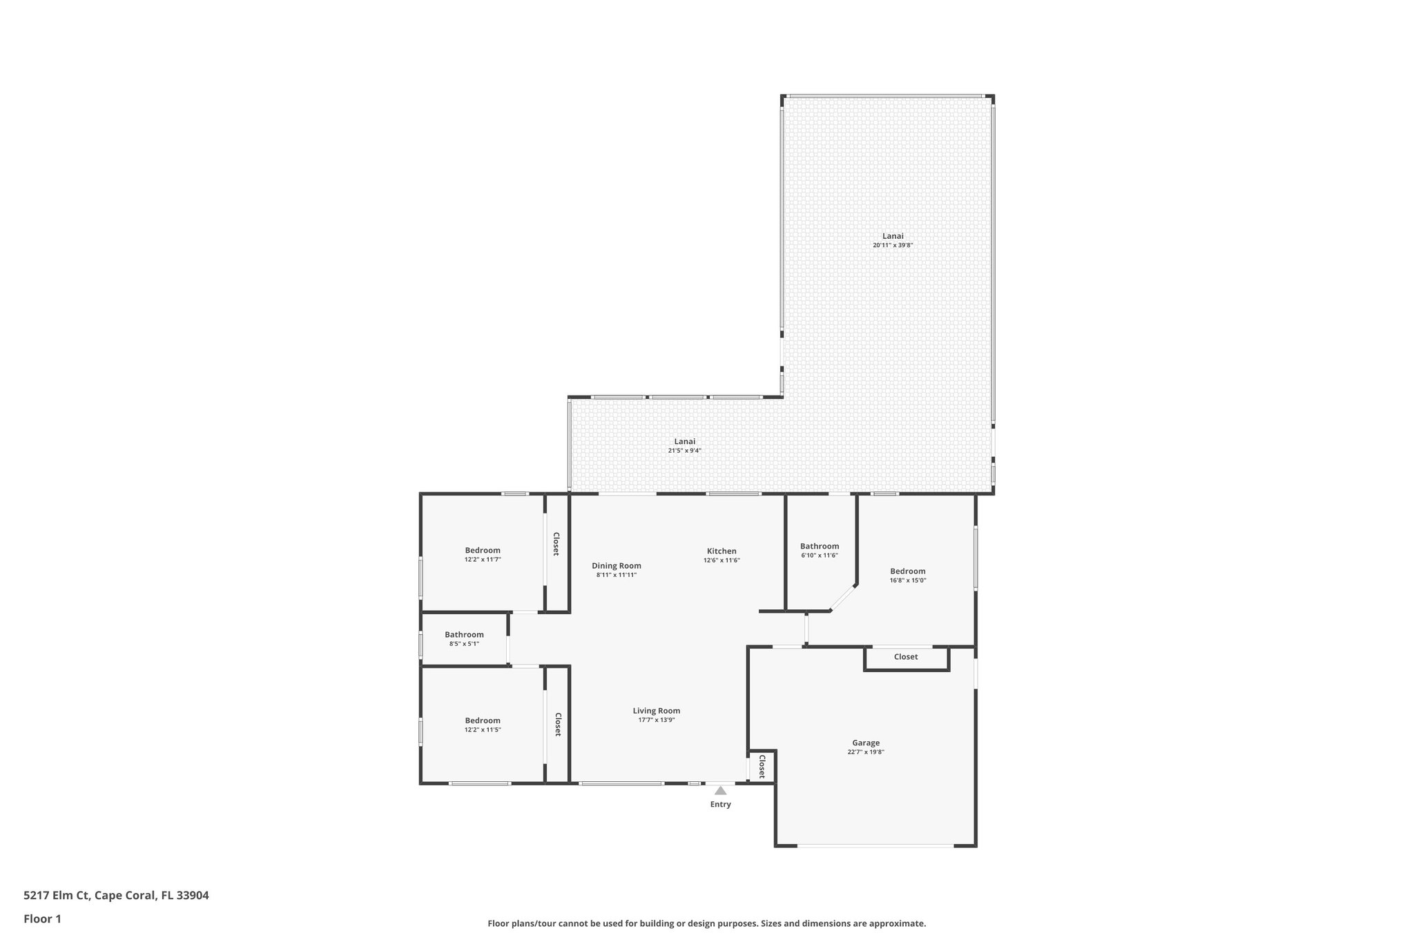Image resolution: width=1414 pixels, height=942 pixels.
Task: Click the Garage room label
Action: click(x=865, y=743)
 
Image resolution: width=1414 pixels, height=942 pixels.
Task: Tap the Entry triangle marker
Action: click(x=720, y=790)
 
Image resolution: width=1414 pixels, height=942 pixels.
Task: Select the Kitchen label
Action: click(x=721, y=551)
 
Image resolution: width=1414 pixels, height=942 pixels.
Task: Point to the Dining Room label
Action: click(x=616, y=565)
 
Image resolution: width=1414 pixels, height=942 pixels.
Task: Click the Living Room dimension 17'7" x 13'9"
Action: click(x=656, y=720)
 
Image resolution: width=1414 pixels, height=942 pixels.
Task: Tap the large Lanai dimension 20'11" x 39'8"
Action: click(x=893, y=245)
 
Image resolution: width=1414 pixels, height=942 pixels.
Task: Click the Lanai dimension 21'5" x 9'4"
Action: click(x=684, y=451)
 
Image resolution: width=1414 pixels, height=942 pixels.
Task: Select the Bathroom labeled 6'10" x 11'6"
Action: click(x=820, y=546)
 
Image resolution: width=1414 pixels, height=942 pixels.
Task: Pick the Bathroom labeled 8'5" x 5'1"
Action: click(x=464, y=634)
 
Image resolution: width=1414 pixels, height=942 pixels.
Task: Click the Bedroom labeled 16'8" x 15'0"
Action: click(x=907, y=571)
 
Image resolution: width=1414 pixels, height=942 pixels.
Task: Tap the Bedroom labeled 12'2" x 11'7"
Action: click(x=482, y=550)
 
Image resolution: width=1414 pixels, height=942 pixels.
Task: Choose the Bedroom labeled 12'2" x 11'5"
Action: click(x=482, y=720)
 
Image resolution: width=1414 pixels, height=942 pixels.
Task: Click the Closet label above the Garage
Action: click(x=905, y=656)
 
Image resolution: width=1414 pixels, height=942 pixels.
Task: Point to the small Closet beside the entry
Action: click(x=762, y=766)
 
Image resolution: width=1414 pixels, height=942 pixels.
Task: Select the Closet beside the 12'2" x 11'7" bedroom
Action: click(x=555, y=544)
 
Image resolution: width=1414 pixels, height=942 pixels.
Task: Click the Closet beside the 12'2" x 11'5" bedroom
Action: click(x=557, y=724)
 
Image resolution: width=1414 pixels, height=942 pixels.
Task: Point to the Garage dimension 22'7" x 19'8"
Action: click(x=865, y=752)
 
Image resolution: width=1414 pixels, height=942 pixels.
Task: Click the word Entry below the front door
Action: click(x=720, y=804)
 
